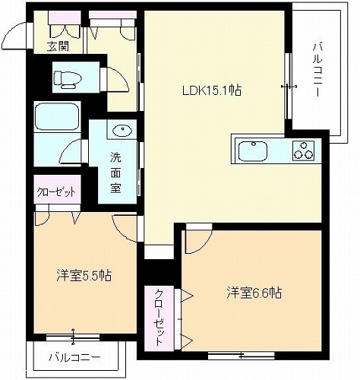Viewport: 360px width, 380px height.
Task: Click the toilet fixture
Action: pyautogui.click(x=68, y=78)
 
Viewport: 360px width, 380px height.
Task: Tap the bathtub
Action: pyautogui.click(x=58, y=116)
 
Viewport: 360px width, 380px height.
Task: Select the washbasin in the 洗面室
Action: pyautogui.click(x=122, y=131)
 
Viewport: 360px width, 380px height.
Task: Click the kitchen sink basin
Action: pyautogui.click(x=253, y=151)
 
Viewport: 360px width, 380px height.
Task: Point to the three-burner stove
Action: pyautogui.click(x=303, y=150)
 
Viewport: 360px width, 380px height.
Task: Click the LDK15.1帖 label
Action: pyautogui.click(x=212, y=91)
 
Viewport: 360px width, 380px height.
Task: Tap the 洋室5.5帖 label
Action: pyautogui.click(x=84, y=275)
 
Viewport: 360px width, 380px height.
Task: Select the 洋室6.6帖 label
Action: pyautogui.click(x=254, y=293)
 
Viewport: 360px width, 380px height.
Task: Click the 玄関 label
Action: pyautogui.click(x=58, y=46)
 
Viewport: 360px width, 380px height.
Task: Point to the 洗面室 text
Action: pyautogui.click(x=115, y=173)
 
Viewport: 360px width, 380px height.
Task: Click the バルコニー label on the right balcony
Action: pyautogui.click(x=317, y=70)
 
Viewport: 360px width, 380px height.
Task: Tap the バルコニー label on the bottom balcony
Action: pyautogui.click(x=74, y=358)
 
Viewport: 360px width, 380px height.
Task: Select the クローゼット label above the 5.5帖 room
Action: pyautogui.click(x=56, y=192)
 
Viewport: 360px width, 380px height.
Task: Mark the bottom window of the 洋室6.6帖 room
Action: pyautogui.click(x=241, y=356)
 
